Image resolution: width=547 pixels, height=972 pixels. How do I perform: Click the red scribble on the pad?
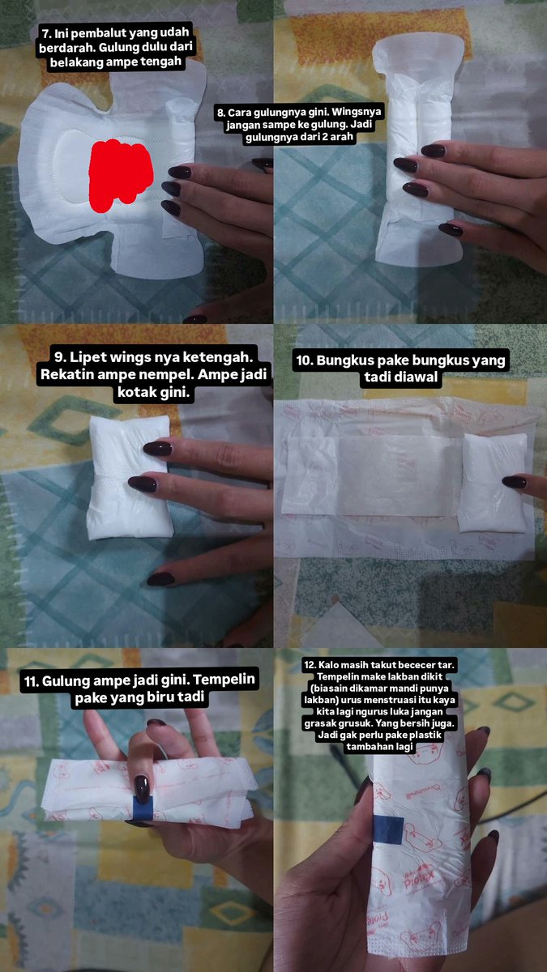coord(121,174)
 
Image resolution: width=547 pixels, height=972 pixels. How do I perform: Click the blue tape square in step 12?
coord(388,829)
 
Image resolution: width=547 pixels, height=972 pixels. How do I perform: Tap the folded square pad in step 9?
coord(129,477)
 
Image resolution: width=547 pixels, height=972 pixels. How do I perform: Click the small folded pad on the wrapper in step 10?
coord(494,483)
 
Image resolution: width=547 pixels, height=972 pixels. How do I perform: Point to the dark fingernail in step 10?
coord(515,482)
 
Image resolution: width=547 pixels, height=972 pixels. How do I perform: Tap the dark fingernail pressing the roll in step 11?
coord(142,788)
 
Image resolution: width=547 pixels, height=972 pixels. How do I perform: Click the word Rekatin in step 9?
coord(67,374)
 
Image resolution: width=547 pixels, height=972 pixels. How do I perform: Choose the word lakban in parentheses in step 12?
coord(318,700)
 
